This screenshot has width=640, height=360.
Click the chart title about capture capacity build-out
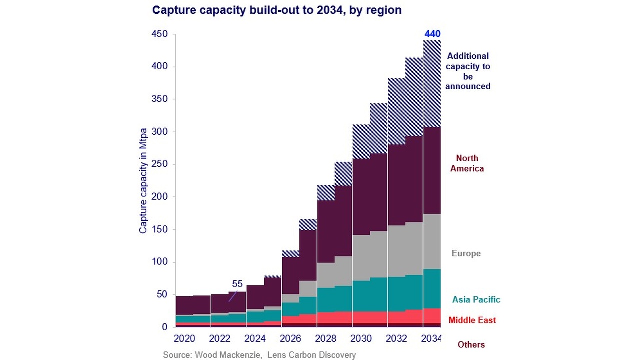(276, 10)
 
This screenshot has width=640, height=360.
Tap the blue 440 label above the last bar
(432, 34)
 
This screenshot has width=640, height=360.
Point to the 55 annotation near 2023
(237, 284)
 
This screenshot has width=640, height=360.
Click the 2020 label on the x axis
(184, 339)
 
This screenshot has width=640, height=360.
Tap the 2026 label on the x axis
(290, 339)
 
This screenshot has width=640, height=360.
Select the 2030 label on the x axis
(361, 339)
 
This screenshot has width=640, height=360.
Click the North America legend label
(467, 163)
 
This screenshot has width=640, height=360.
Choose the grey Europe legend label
(466, 253)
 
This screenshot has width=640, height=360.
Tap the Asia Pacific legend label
(476, 300)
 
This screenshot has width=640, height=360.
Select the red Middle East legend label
(472, 320)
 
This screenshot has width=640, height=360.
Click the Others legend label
(471, 345)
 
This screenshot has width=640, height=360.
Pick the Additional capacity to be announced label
(468, 71)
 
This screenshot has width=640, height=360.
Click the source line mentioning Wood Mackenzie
(259, 355)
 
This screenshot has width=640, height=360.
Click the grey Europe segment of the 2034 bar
(432, 242)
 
